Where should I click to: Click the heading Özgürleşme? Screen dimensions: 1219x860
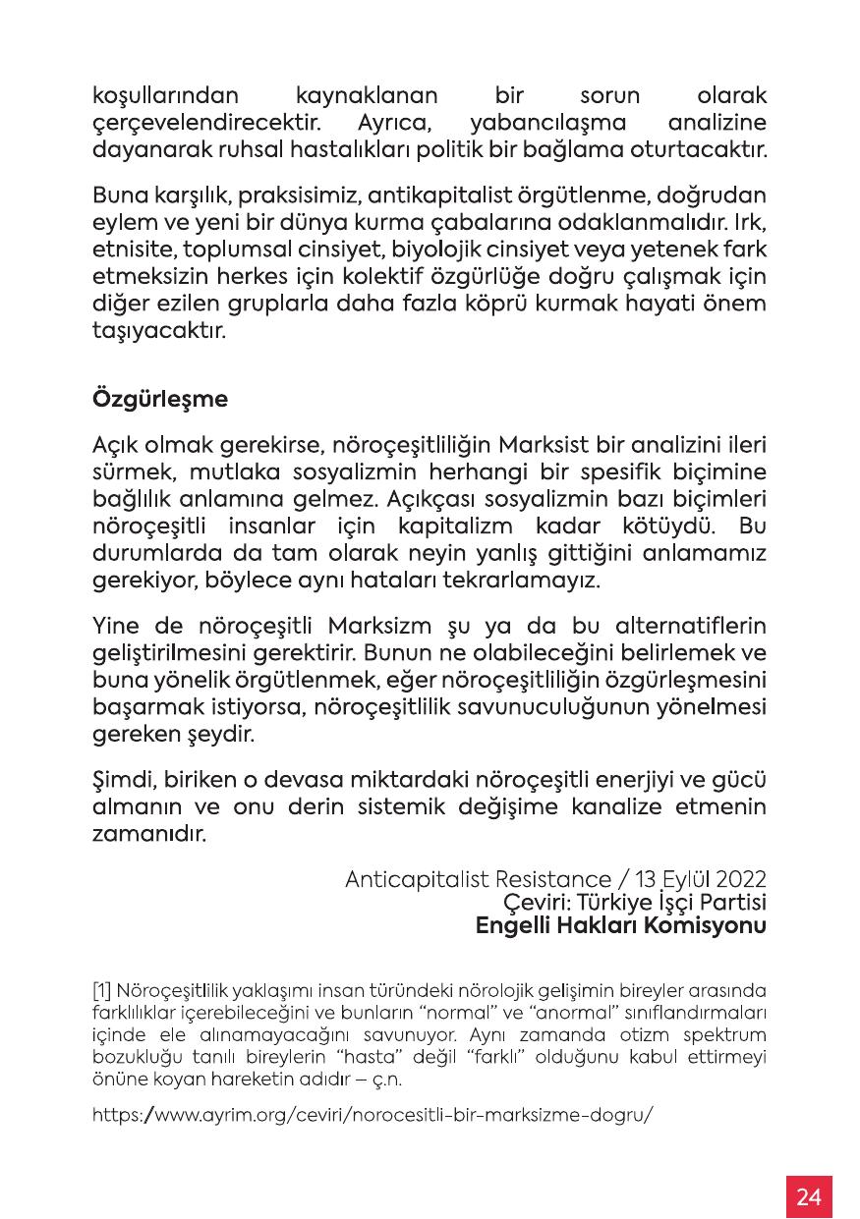[160, 400]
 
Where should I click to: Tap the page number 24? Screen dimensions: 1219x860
[809, 1196]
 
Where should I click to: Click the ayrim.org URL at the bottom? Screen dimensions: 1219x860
[373, 1116]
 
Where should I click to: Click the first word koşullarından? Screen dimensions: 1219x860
[166, 97]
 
